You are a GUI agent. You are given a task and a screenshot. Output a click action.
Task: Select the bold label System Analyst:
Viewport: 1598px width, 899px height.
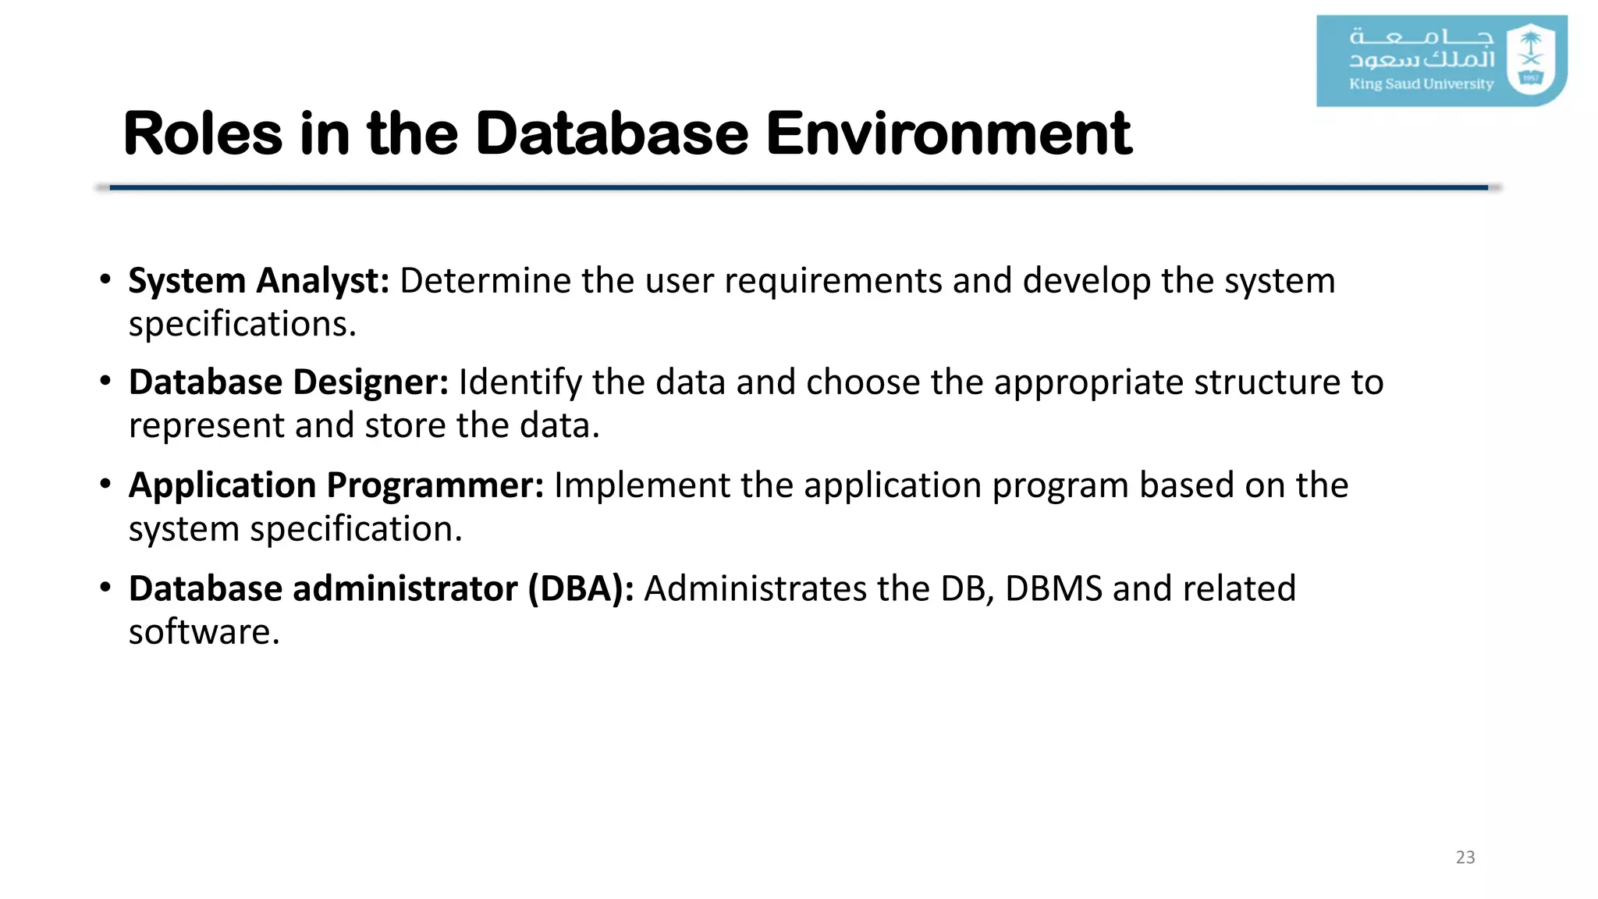click(258, 281)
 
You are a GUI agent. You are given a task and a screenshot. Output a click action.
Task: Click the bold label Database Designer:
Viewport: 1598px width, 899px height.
click(288, 382)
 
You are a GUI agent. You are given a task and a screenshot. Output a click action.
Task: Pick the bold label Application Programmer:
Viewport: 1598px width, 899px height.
click(336, 485)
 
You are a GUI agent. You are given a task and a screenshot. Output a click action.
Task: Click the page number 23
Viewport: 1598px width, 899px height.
click(1465, 857)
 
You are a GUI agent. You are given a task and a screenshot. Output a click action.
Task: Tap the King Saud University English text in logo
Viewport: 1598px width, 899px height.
click(1421, 84)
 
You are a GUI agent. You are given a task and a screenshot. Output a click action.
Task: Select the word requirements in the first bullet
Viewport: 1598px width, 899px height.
click(833, 281)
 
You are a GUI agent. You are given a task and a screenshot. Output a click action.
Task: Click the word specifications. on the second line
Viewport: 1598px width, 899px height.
click(242, 325)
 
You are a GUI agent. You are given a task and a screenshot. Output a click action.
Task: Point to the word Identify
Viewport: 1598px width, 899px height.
click(520, 382)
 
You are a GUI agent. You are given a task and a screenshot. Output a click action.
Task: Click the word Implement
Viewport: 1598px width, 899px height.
click(641, 485)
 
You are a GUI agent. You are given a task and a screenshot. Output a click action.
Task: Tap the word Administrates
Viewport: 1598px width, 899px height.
click(755, 588)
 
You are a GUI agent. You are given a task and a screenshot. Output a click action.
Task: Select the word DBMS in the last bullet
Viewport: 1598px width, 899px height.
click(1053, 588)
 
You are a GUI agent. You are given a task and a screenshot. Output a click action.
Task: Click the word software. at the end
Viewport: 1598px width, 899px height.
click(204, 632)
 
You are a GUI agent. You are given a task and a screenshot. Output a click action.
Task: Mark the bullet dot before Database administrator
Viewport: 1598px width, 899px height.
click(105, 587)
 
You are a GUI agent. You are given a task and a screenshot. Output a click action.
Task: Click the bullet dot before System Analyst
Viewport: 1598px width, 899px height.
click(105, 279)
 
